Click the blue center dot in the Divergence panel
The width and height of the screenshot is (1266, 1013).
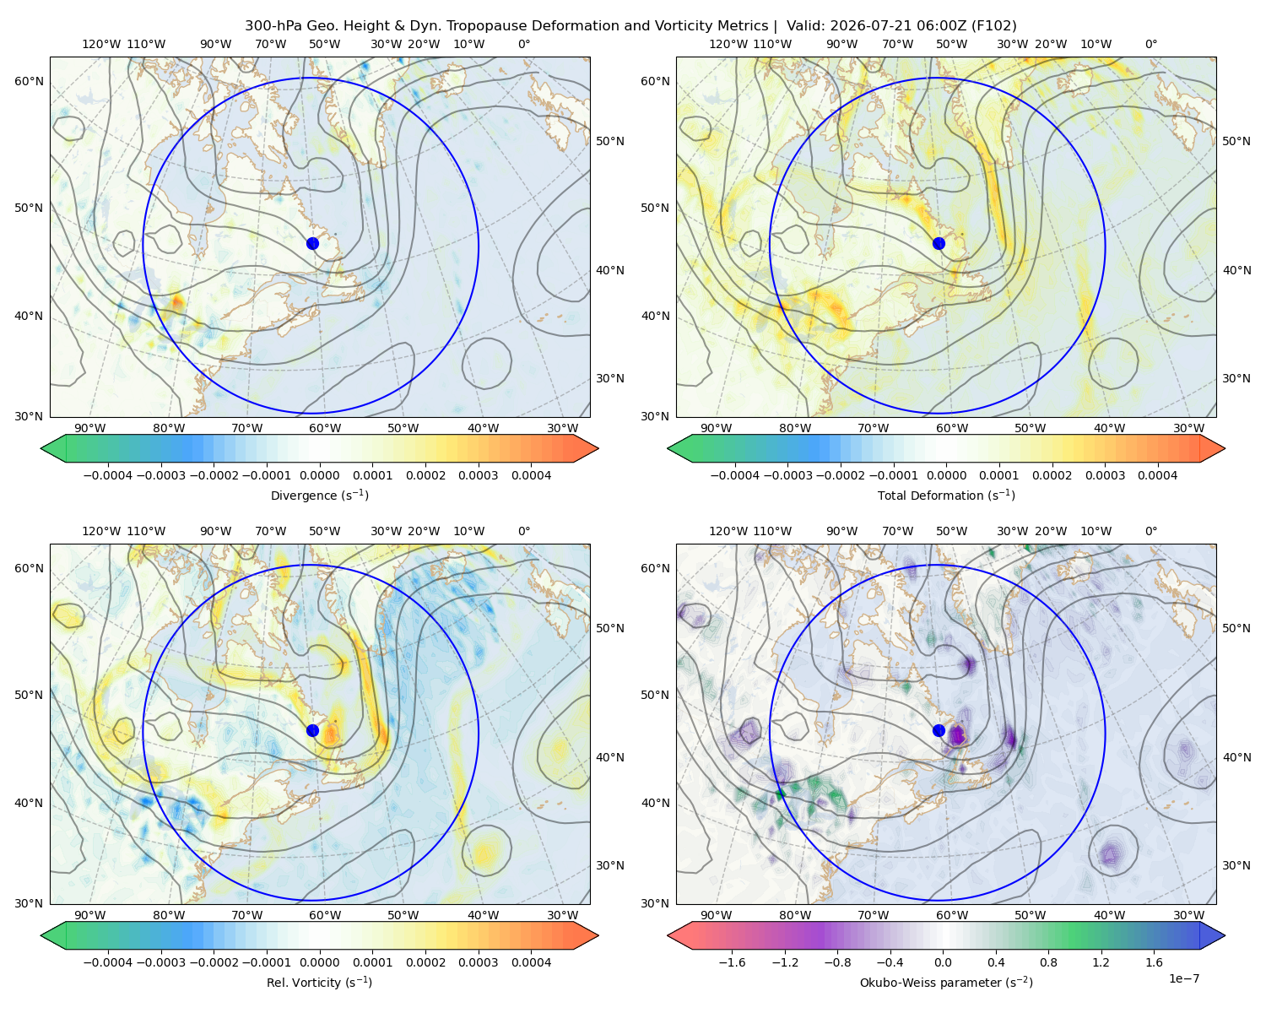(312, 243)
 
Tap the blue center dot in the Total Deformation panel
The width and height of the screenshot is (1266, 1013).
(939, 243)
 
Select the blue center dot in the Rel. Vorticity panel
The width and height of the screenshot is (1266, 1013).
(312, 730)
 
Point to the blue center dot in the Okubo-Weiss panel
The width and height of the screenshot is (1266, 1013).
(939, 730)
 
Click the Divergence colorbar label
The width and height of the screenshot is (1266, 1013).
(319, 495)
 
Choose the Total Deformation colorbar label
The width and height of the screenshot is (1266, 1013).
(946, 495)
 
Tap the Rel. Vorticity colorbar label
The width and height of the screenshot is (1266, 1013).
(319, 982)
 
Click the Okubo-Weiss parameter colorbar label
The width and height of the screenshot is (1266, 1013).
(946, 982)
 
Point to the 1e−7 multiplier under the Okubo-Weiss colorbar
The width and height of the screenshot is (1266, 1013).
(1183, 978)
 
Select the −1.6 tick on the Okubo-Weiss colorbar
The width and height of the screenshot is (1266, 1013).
(732, 962)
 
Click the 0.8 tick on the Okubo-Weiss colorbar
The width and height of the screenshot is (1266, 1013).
(1048, 962)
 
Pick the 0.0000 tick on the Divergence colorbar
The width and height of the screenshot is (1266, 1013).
(319, 475)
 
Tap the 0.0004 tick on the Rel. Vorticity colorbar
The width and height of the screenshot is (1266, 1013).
(531, 962)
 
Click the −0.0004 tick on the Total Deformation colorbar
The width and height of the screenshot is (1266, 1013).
(734, 475)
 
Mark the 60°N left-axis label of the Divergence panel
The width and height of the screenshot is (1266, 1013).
(29, 81)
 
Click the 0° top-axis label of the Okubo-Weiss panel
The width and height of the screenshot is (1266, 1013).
(1150, 531)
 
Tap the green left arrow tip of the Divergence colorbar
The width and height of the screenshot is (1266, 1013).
(41, 448)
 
